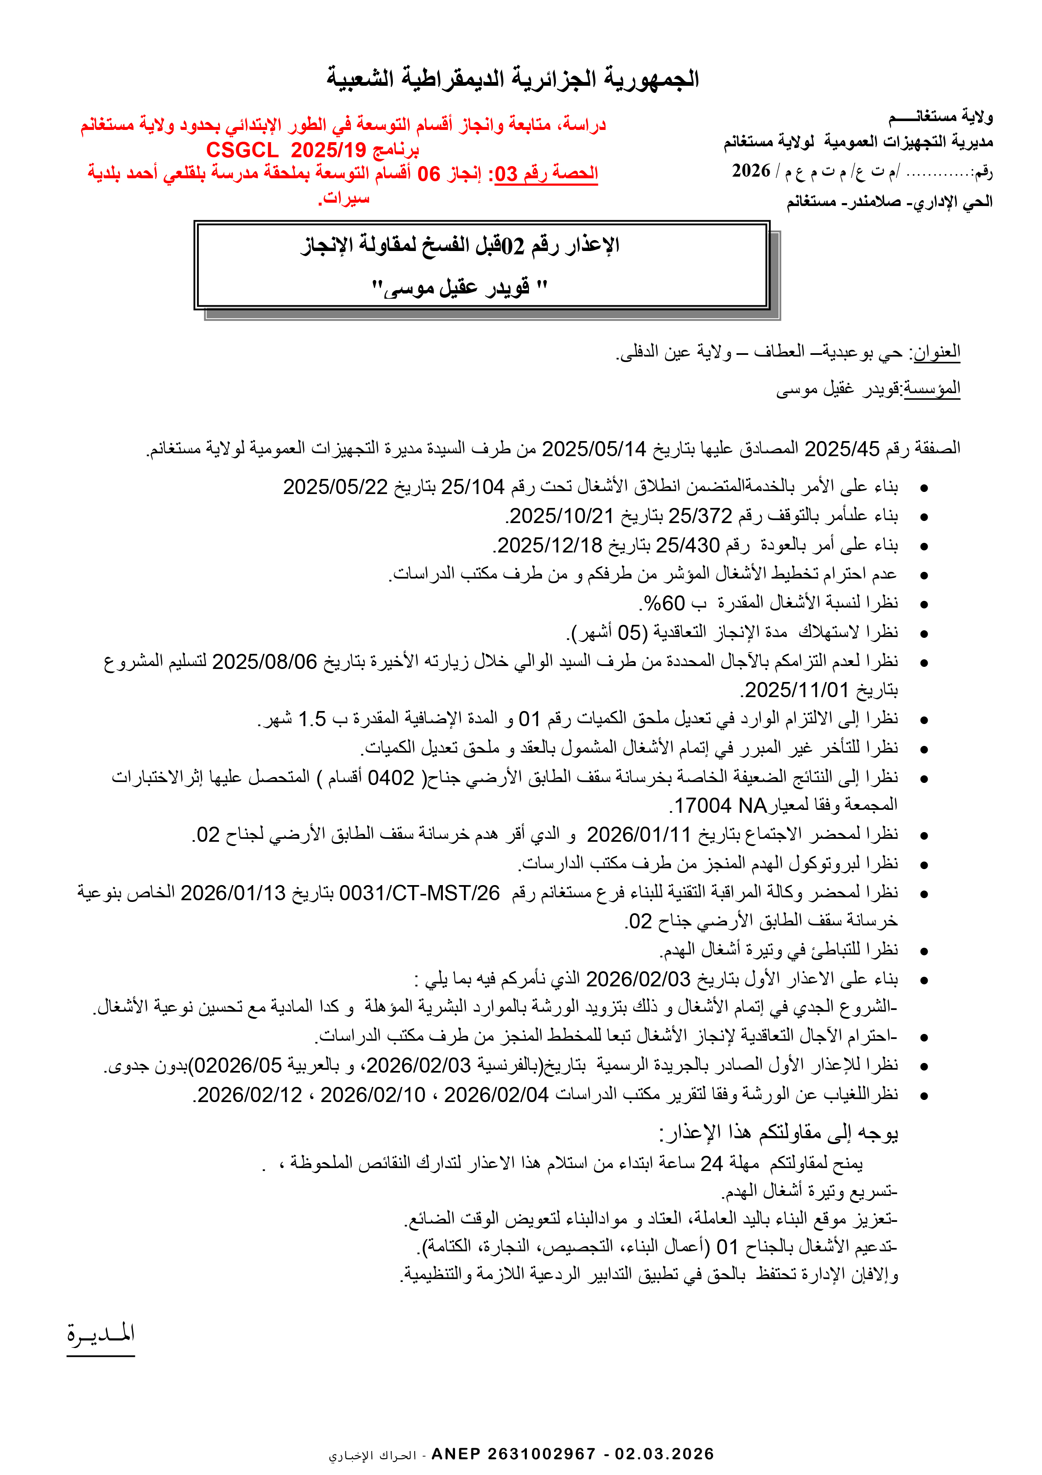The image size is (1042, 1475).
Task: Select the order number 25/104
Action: click(473, 487)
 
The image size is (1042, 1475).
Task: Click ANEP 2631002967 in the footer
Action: click(513, 1454)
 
